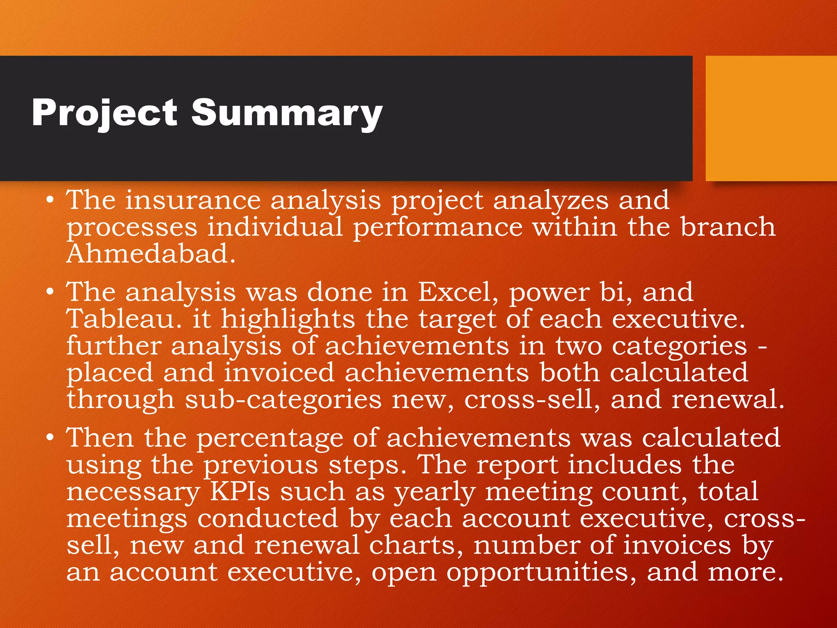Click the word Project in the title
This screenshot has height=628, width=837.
coord(104,114)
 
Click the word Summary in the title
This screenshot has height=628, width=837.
coord(287,114)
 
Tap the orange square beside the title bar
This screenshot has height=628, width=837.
coord(771,119)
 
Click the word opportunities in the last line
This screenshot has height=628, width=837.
coord(541,572)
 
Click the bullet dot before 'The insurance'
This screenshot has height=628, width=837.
coord(50,200)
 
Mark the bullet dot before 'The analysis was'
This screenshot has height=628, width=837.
coord(50,292)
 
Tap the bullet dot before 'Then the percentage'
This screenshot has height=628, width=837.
coord(50,438)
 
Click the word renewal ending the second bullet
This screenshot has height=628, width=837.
coord(727,399)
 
